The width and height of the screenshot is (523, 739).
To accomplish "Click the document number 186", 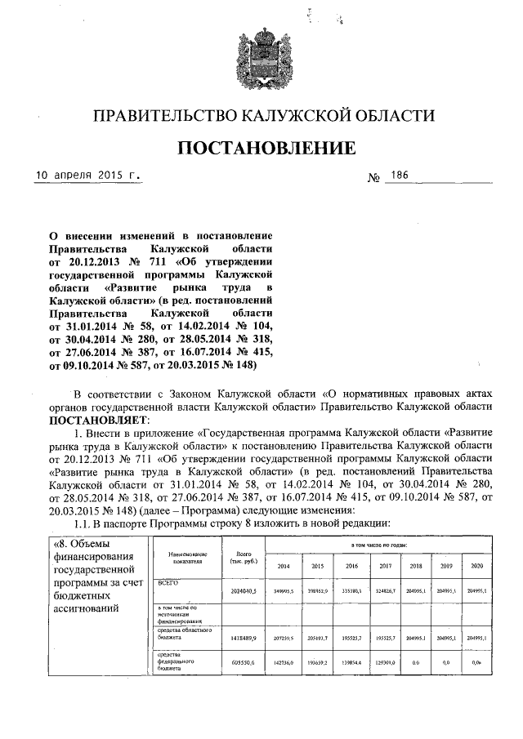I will click(400, 175).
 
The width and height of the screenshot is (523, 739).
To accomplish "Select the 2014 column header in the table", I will click(284, 565).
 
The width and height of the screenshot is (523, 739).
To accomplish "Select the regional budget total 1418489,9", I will click(244, 637).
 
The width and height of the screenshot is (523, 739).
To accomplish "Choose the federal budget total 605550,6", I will click(244, 664).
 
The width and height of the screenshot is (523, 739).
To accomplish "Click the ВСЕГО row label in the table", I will click(168, 582).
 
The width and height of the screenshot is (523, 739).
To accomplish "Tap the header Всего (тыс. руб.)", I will click(243, 558).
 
